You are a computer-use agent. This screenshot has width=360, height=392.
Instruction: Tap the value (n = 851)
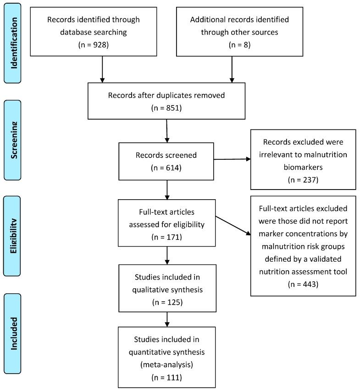tap(166, 109)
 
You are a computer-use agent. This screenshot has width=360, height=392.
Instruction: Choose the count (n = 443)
tap(304, 284)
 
